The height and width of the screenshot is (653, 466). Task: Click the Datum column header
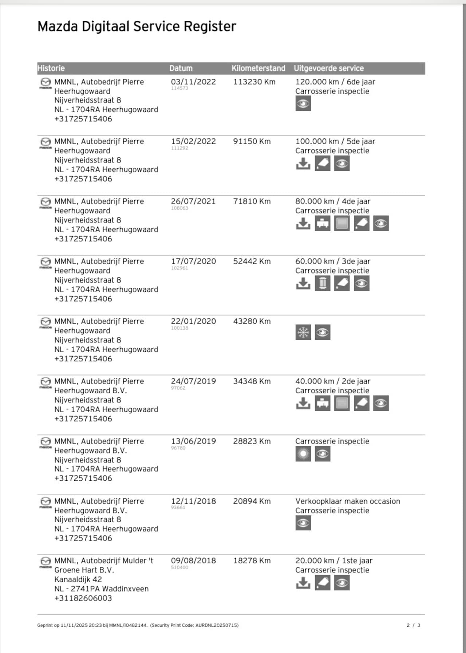pyautogui.click(x=181, y=68)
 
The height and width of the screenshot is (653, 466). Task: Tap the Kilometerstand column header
pyautogui.click(x=258, y=68)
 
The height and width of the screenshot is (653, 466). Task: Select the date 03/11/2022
pyautogui.click(x=193, y=82)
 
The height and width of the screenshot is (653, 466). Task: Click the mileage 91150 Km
pyautogui.click(x=252, y=141)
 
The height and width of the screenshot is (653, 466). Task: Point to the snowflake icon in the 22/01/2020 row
pyautogui.click(x=303, y=332)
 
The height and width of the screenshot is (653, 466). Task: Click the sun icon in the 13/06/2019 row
pyautogui.click(x=303, y=454)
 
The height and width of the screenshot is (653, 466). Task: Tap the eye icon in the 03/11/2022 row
pyautogui.click(x=303, y=104)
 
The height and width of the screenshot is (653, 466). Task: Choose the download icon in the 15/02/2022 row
pyautogui.click(x=303, y=164)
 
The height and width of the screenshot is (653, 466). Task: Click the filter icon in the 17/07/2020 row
pyautogui.click(x=323, y=283)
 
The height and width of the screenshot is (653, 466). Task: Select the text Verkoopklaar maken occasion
pyautogui.click(x=348, y=501)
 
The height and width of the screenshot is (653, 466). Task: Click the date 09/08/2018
pyautogui.click(x=193, y=560)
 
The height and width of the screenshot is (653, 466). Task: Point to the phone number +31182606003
pyautogui.click(x=83, y=598)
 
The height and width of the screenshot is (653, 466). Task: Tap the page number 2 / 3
pyautogui.click(x=414, y=625)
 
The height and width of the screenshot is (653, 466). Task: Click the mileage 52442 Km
pyautogui.click(x=252, y=261)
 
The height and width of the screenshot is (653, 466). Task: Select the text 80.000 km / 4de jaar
pyautogui.click(x=333, y=201)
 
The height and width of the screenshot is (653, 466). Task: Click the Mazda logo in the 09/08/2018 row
pyautogui.click(x=46, y=562)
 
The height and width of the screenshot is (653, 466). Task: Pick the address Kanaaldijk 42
pyautogui.click(x=78, y=579)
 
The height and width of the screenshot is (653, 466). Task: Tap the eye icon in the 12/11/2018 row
pyautogui.click(x=303, y=523)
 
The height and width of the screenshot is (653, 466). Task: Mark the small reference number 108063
pyautogui.click(x=179, y=208)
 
